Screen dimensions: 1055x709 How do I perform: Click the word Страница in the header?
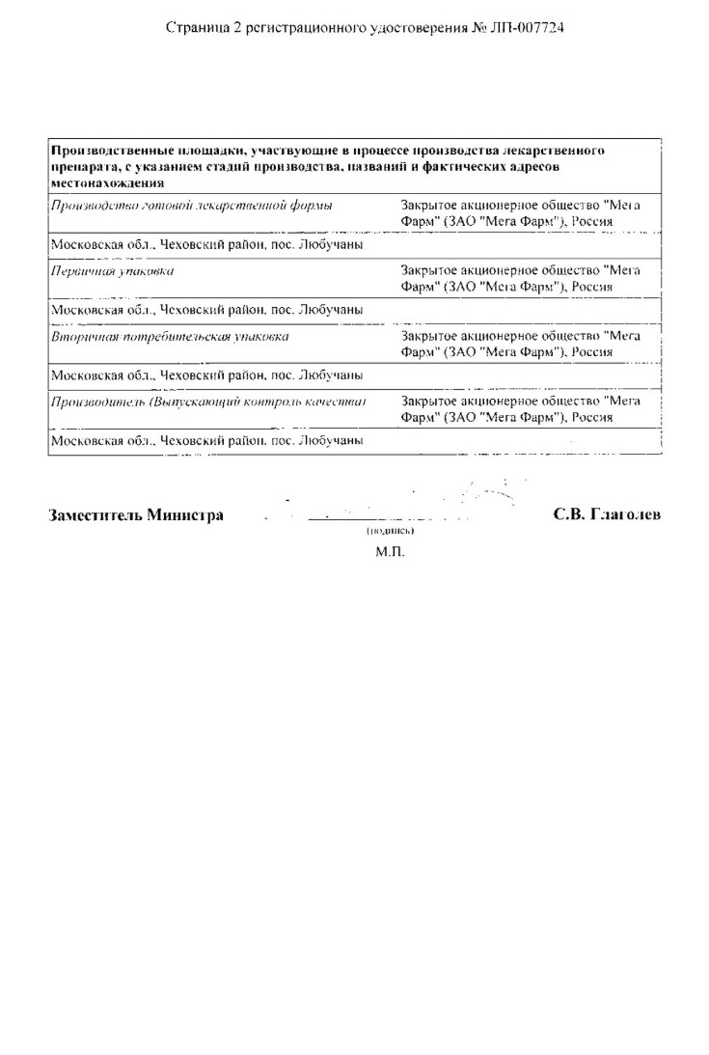195,29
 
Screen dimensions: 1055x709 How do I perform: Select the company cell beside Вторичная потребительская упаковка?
520,345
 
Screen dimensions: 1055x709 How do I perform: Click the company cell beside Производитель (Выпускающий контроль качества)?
520,409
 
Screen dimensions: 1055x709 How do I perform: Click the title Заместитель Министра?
136,514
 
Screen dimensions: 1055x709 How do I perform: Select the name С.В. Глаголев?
607,514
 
